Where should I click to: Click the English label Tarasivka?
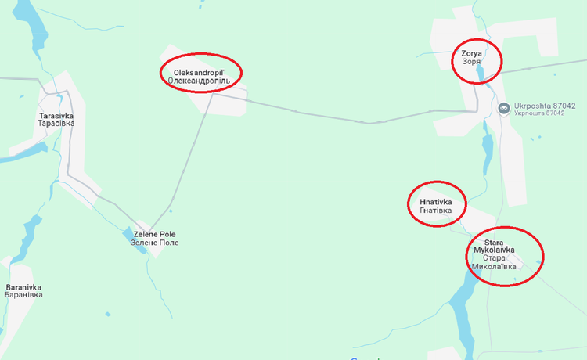(56, 116)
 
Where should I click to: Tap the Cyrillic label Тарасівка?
(56, 124)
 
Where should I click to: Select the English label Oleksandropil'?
(202, 72)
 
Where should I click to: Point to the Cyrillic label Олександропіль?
(202, 81)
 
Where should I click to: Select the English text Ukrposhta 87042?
(539, 104)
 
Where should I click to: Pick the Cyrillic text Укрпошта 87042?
(539, 113)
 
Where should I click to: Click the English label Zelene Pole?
(155, 234)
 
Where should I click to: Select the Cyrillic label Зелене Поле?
(155, 243)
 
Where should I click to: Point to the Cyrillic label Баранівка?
(23, 295)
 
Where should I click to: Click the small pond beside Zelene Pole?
(128, 234)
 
